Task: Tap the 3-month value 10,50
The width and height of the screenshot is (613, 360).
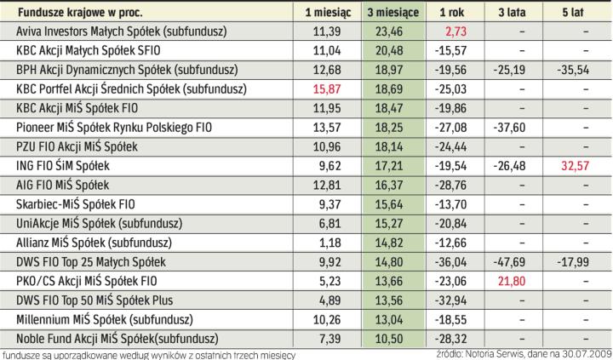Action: coord(389,337)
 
